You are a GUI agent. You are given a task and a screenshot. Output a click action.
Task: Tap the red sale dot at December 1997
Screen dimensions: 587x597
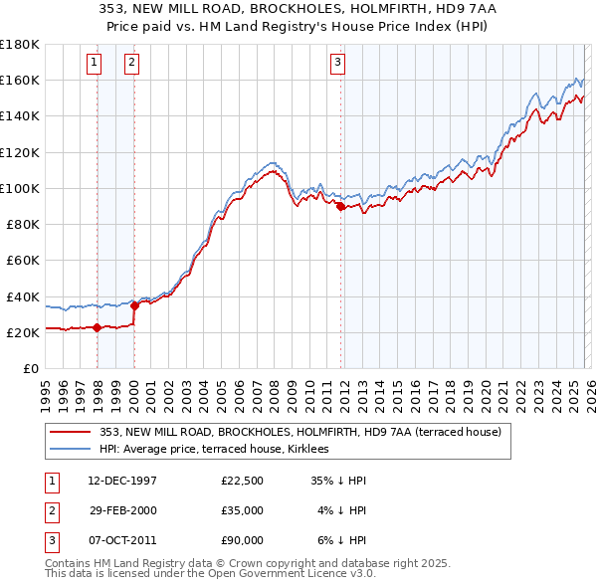97,327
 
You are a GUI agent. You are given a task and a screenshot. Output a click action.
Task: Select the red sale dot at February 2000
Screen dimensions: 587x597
134,305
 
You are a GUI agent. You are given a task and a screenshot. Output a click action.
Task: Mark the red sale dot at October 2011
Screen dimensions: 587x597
340,206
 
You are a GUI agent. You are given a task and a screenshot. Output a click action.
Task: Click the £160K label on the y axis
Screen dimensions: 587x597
20,80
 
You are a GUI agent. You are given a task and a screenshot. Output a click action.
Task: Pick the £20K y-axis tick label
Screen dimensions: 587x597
23,333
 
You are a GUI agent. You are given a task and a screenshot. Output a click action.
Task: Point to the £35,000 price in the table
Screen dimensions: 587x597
242,509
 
